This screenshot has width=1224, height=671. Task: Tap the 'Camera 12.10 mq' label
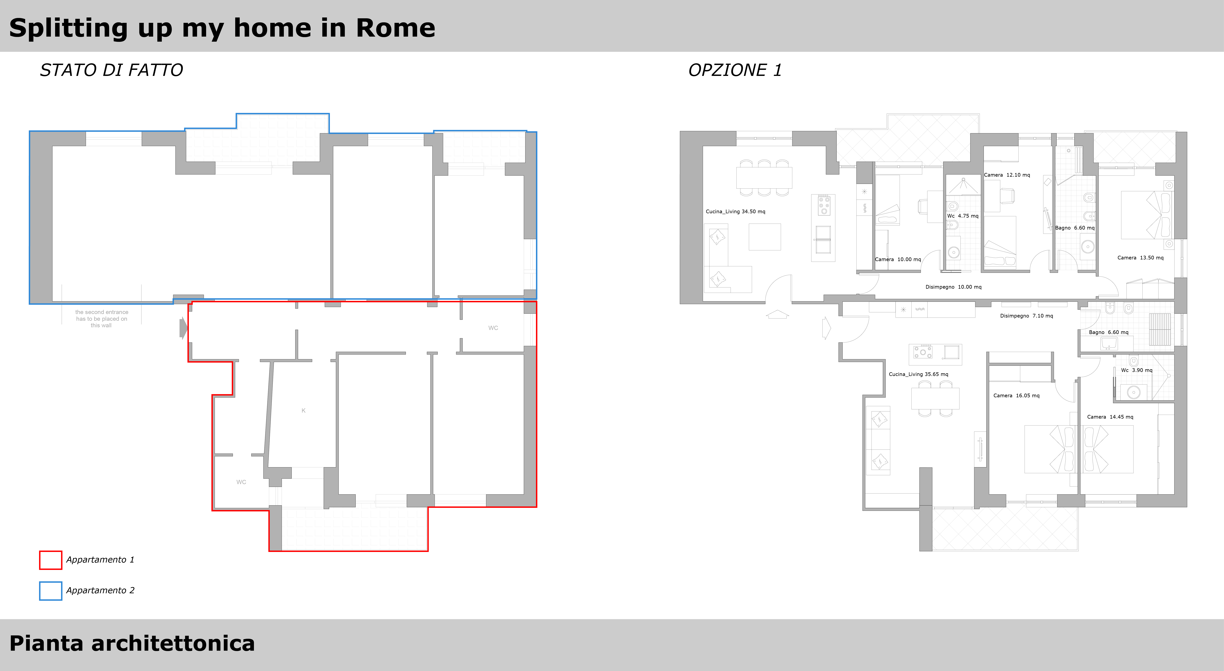(1007, 175)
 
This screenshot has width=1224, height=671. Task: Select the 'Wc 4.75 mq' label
(963, 216)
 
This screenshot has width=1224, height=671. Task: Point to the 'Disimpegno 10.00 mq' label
(953, 287)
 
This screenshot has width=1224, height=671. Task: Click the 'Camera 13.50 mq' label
(1140, 258)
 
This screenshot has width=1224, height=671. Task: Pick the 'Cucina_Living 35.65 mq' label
(919, 374)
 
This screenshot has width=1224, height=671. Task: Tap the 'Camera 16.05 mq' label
(1016, 395)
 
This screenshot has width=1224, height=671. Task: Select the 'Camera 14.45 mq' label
(1110, 417)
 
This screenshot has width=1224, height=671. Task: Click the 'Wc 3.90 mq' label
(1137, 370)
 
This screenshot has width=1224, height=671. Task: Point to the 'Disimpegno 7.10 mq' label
(1026, 316)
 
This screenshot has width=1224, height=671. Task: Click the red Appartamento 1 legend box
(50, 560)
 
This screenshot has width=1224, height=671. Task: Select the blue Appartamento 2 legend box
(50, 591)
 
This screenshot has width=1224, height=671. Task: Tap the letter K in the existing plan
(304, 411)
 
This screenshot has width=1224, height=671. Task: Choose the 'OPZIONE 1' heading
(735, 70)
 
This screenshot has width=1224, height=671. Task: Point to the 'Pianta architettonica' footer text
(132, 643)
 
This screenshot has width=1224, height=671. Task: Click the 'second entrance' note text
(102, 319)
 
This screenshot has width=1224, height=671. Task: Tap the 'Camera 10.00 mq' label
(898, 259)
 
